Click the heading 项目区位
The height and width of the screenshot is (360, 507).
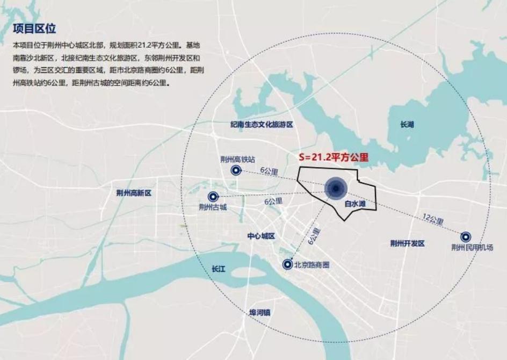pos(34,28)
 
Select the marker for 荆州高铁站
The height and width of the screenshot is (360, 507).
pos(235,171)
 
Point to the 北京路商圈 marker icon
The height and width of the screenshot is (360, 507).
pos(288,264)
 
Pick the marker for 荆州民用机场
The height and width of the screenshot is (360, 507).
pos(466,236)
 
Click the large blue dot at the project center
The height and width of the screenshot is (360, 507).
pos(336,188)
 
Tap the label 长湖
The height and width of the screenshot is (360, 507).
pos(408,125)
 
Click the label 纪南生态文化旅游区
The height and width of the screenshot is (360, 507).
pos(262,124)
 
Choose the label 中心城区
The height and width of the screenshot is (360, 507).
pos(261,236)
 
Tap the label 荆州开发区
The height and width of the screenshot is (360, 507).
pos(408,243)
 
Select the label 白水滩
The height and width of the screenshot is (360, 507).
pos(355,205)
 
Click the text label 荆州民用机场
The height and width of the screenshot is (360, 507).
pos(472,248)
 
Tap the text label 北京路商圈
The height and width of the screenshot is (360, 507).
pos(312,265)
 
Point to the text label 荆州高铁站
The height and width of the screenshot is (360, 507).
pos(237,160)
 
